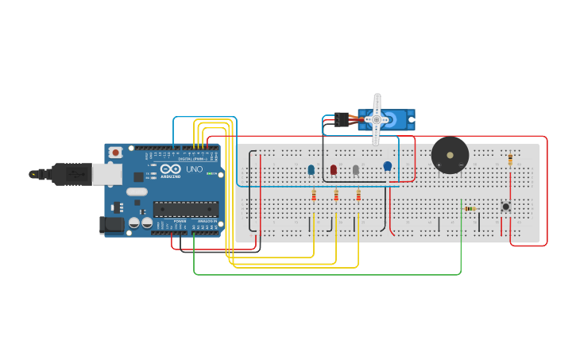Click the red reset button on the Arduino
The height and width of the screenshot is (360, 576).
click(x=116, y=152)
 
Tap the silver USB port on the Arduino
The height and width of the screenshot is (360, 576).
click(x=106, y=173)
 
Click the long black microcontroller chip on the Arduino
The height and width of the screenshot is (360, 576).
click(x=185, y=209)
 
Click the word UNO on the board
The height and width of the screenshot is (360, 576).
click(x=193, y=169)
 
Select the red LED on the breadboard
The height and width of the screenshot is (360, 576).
click(x=334, y=169)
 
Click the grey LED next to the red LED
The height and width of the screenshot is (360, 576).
click(x=356, y=169)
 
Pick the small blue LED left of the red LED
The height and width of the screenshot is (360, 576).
click(x=311, y=169)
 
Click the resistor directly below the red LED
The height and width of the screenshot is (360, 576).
click(x=336, y=195)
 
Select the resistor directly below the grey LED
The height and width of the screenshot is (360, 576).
click(x=358, y=195)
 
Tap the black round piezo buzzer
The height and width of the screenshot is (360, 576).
click(x=450, y=155)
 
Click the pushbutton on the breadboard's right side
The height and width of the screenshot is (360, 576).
click(x=505, y=207)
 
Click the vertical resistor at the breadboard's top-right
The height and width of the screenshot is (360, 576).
click(x=509, y=159)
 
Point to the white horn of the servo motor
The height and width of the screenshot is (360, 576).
click(x=377, y=119)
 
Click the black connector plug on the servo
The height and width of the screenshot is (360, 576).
click(x=341, y=119)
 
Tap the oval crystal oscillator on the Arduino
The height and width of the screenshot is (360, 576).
click(x=137, y=192)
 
